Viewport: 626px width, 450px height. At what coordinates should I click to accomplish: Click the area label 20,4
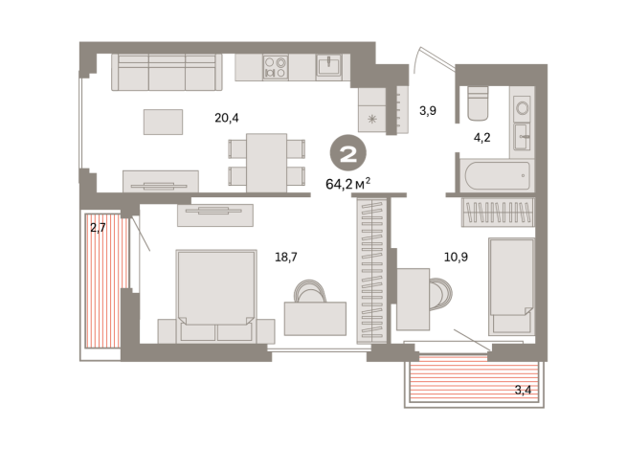(226, 119)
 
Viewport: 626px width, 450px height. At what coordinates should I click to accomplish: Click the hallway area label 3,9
(429, 111)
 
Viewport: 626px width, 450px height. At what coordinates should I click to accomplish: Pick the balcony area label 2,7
(98, 228)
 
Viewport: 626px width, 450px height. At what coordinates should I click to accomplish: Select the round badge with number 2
(347, 153)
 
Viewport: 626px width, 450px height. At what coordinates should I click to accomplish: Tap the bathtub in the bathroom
(494, 177)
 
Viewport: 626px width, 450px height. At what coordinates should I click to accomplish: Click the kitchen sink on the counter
(329, 65)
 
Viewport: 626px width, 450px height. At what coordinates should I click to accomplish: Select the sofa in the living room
(167, 72)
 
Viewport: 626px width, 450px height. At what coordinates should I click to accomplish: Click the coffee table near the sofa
(163, 121)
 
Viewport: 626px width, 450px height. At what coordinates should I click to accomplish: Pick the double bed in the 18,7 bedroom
(216, 292)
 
